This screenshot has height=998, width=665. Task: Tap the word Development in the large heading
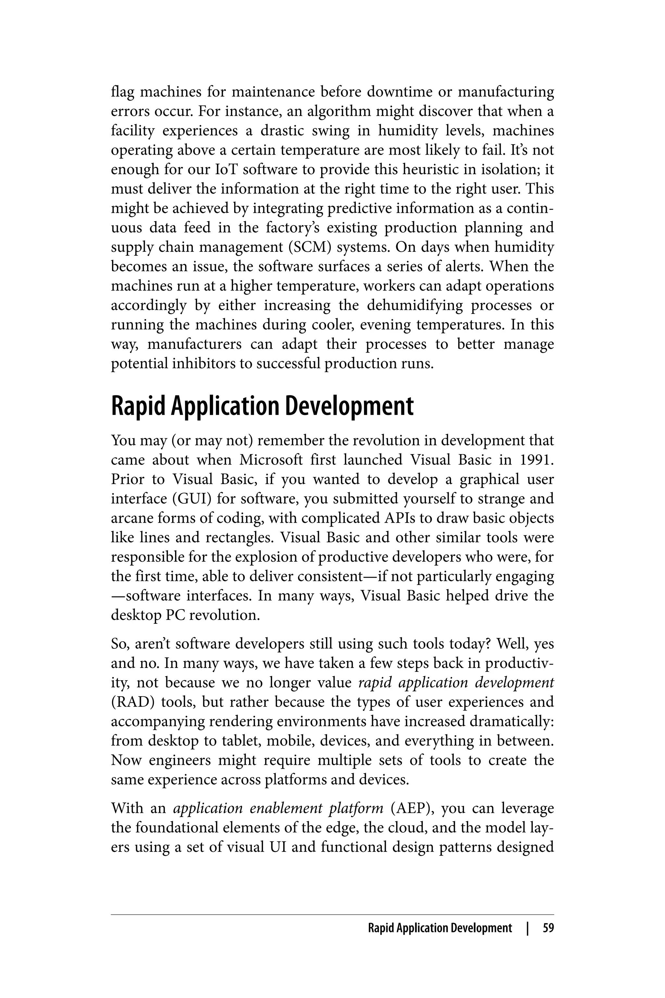click(x=349, y=406)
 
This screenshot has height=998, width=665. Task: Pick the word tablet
click(x=236, y=741)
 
